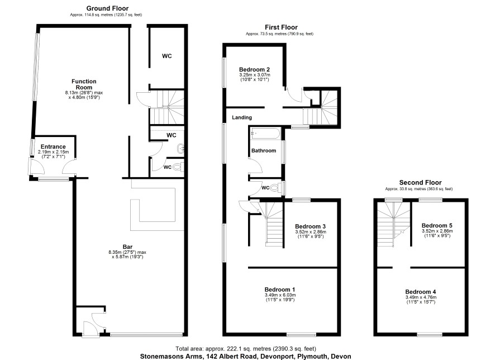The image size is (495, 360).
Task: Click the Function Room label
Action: (x=84, y=84)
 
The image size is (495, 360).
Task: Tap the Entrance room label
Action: (x=53, y=146)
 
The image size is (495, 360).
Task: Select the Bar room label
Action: (x=127, y=247)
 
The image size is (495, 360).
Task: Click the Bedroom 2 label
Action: (x=254, y=69)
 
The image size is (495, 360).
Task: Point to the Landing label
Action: (x=242, y=117)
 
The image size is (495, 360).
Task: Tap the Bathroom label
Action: (x=264, y=150)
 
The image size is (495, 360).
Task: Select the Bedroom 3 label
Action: (x=310, y=226)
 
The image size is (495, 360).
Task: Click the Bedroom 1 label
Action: (x=280, y=290)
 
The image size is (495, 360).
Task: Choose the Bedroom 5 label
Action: (x=437, y=225)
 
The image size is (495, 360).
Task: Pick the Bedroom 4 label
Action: (x=421, y=292)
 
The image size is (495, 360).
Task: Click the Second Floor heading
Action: (x=420, y=183)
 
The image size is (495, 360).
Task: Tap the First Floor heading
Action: (x=281, y=27)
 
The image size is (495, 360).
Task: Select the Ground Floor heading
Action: (x=107, y=8)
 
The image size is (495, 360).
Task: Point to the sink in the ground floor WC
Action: (x=180, y=149)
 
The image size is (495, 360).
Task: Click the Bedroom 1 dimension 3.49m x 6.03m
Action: (x=280, y=295)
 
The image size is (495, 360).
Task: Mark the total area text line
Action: (x=246, y=349)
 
